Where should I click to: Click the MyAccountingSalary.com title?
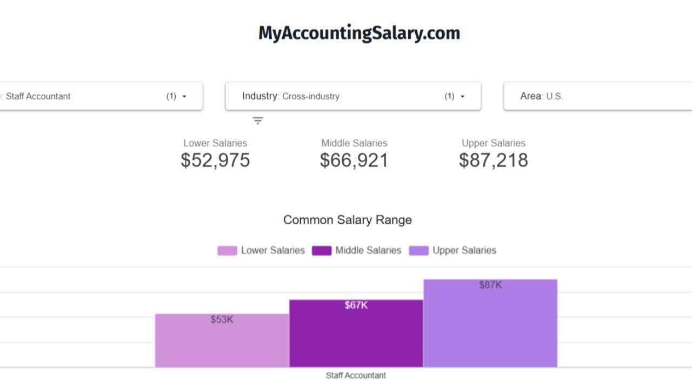(x=359, y=33)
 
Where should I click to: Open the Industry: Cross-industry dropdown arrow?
(x=462, y=97)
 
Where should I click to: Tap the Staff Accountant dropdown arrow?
(x=184, y=97)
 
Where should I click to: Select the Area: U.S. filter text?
(x=541, y=96)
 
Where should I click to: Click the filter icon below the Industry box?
(x=258, y=120)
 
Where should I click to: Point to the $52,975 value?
(x=215, y=160)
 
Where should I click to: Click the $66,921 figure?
(x=354, y=160)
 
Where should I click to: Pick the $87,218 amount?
(x=493, y=160)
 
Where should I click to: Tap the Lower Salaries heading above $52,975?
(x=215, y=143)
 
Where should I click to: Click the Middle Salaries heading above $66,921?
(x=354, y=143)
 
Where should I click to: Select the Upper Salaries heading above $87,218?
(x=493, y=143)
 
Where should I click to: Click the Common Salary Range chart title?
(x=348, y=220)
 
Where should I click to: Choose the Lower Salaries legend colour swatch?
(x=227, y=251)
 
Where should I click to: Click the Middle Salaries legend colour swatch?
(x=322, y=251)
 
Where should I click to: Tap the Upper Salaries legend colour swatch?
(x=418, y=251)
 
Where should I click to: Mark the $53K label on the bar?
(x=222, y=320)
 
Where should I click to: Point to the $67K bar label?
(x=356, y=306)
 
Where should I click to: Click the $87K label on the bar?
(x=490, y=285)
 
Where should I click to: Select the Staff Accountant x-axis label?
(x=356, y=375)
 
